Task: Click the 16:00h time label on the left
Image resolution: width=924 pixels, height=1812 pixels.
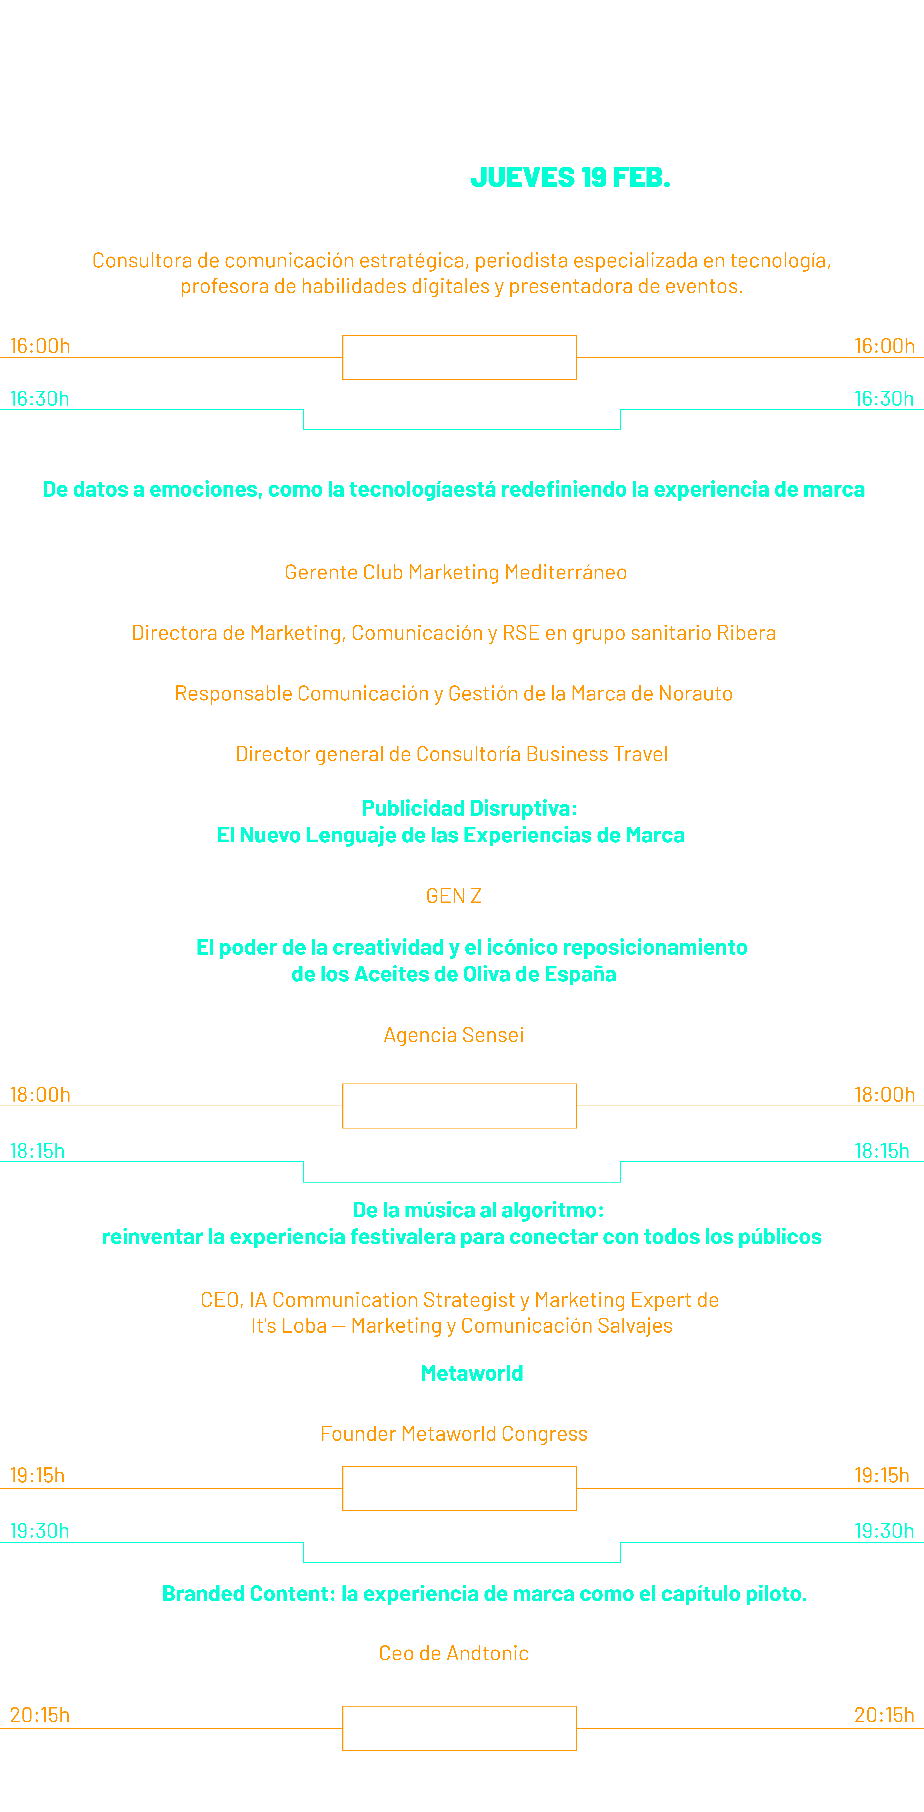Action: [x=40, y=346]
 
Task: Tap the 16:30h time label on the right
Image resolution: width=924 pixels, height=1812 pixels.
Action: [x=884, y=399]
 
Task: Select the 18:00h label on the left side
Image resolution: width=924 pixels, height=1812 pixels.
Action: [x=40, y=1095]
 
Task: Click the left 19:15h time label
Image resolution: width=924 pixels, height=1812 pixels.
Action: [x=37, y=1475]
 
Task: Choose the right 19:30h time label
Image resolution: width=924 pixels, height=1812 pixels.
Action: [x=884, y=1531]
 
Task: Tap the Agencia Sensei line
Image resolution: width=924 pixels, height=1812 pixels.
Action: [x=454, y=1035]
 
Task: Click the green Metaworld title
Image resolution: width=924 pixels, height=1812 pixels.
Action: [x=472, y=1373]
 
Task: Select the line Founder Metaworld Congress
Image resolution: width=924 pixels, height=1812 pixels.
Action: [x=454, y=1434]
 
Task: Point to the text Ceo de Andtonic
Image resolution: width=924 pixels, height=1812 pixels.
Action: [x=454, y=1653]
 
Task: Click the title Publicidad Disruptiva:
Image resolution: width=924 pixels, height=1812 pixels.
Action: [x=469, y=808]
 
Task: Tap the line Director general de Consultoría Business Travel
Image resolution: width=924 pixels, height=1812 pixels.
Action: [x=452, y=754]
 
